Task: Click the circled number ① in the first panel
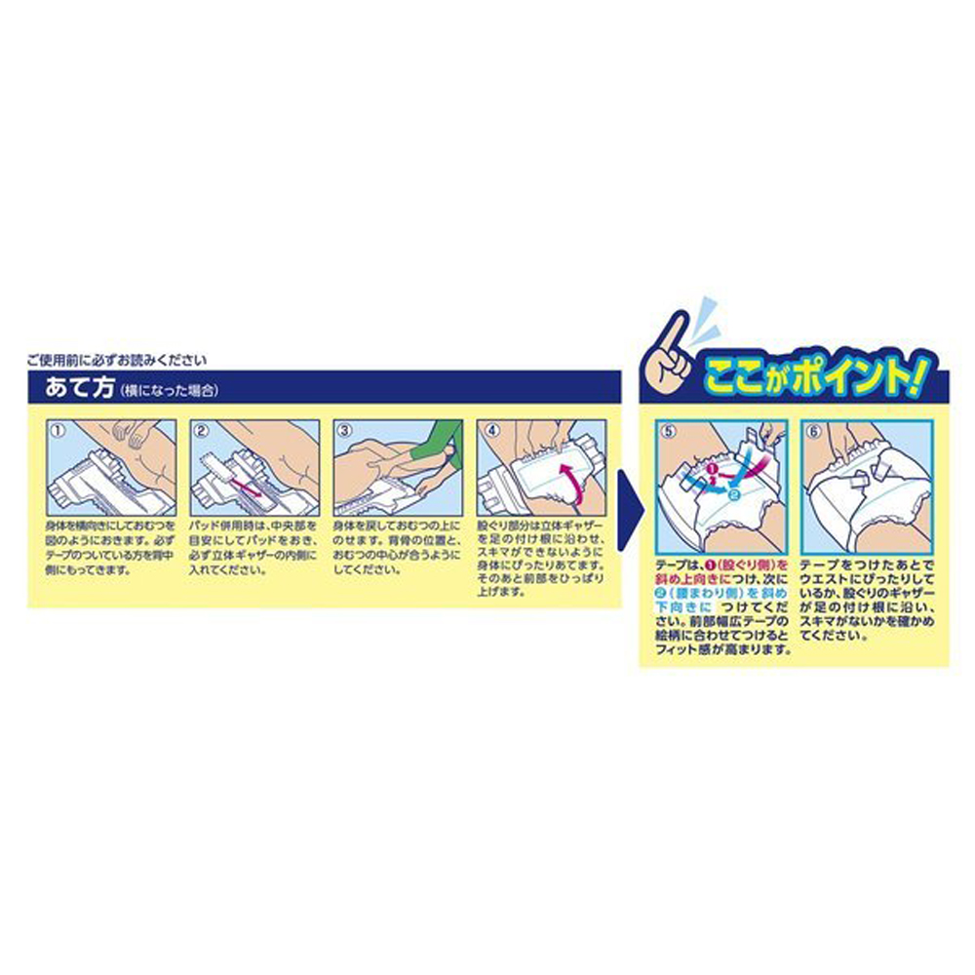tap(57, 427)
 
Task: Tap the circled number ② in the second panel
tap(201, 427)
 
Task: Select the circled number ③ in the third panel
tap(343, 427)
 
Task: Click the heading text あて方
tap(77, 387)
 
